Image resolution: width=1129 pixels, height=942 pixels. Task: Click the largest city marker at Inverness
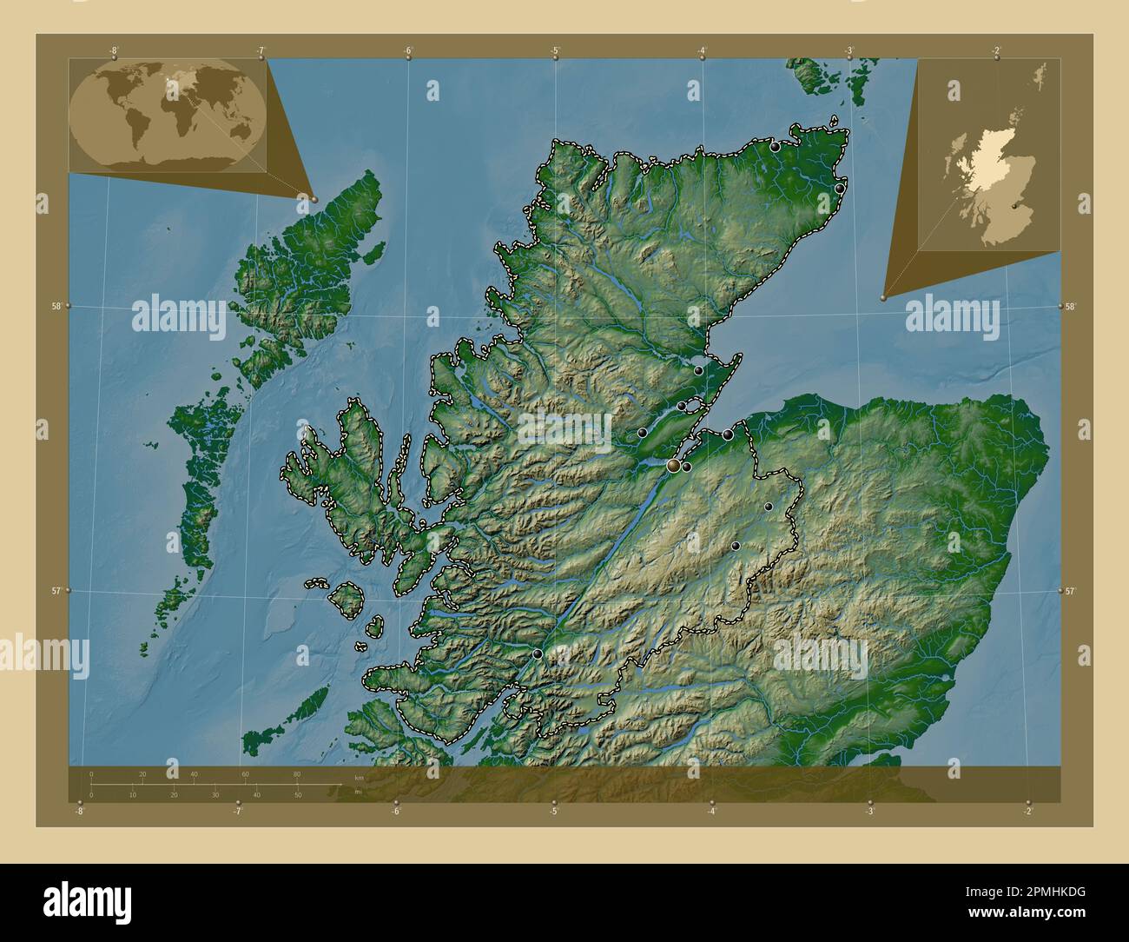pos(673,467)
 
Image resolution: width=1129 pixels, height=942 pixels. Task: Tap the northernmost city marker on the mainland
pos(775,148)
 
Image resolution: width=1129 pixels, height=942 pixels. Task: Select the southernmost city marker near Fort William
pos(538,653)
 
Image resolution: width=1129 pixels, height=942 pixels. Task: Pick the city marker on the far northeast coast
pos(840,188)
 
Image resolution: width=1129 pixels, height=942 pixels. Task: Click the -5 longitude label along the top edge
pos(555,50)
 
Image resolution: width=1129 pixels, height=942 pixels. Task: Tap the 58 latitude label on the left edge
pos(56,306)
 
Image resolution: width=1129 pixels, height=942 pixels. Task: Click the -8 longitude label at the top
pos(114,50)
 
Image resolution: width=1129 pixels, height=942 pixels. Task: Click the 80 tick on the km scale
pos(297,774)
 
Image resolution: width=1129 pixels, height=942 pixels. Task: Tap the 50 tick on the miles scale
pos(297,794)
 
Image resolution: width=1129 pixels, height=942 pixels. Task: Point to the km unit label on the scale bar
pos(359,777)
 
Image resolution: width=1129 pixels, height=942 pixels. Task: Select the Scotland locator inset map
pos(988,155)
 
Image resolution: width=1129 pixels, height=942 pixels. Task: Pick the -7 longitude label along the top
pos(261,50)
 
